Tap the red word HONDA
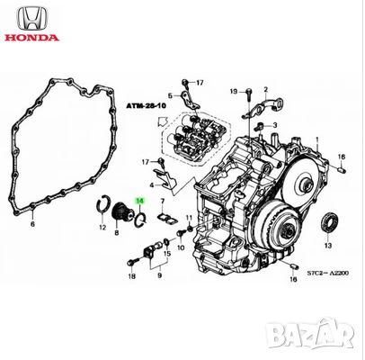30,39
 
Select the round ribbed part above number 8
117,215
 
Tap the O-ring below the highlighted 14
138,217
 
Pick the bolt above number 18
134,258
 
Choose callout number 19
233,92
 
